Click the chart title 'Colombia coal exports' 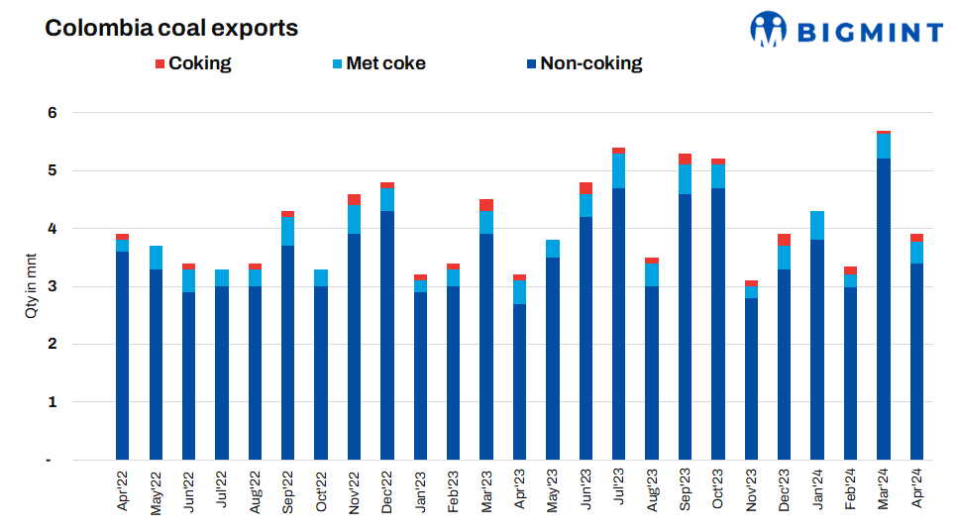tap(171, 29)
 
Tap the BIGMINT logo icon tap(768, 30)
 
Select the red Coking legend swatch tap(160, 64)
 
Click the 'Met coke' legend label tap(385, 63)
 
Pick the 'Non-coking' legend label tap(590, 63)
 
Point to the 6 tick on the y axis tap(53, 113)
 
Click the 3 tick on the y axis tap(53, 287)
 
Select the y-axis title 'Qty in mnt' tap(30, 287)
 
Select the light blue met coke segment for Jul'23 tap(618, 170)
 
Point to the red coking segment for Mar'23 tap(486, 205)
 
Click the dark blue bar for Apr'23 tap(519, 381)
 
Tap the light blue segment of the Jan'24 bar tap(817, 226)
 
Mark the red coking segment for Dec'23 tap(784, 239)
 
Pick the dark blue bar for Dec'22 tap(386, 335)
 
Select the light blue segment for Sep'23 tap(685, 179)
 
